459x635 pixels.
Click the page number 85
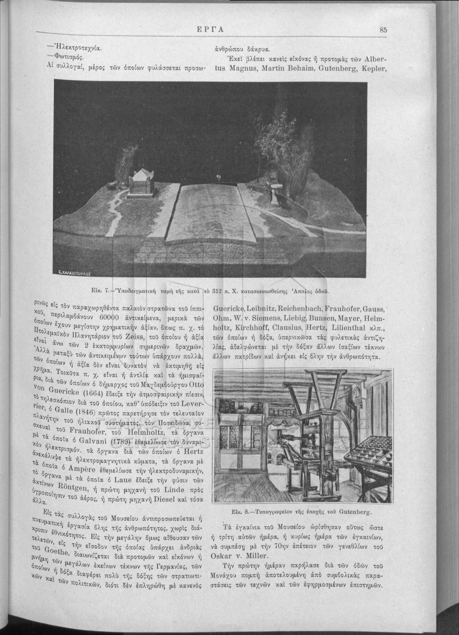point(383,30)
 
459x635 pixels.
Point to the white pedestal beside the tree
point(275,195)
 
